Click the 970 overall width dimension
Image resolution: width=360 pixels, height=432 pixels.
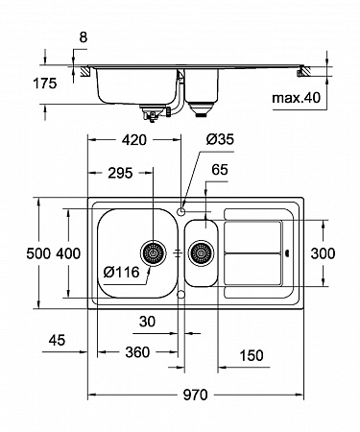(195, 395)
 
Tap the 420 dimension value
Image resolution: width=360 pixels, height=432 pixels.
(134, 140)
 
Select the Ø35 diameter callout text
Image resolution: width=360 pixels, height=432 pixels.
(220, 139)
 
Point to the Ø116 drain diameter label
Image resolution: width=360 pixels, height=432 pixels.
(122, 272)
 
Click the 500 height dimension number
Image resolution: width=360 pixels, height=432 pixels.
(38, 253)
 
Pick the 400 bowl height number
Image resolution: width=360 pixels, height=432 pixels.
(68, 253)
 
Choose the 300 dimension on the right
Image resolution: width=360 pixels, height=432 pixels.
(323, 253)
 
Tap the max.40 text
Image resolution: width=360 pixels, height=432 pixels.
(296, 97)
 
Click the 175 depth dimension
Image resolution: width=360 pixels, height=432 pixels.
(45, 84)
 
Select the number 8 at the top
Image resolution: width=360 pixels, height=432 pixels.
(83, 37)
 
